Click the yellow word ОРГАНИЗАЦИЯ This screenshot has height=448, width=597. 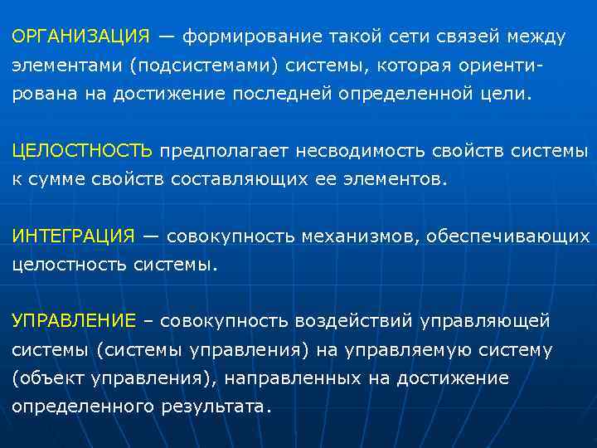pos(81,37)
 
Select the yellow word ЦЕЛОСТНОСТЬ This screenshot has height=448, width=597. pos(82,151)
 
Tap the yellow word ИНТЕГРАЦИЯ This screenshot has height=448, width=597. pos(73,236)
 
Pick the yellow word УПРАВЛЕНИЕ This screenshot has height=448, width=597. pos(74,321)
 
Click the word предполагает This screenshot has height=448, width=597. pos(218,151)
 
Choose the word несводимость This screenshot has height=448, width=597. pos(356,151)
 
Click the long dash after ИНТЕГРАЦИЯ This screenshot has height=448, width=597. pos(150,236)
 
